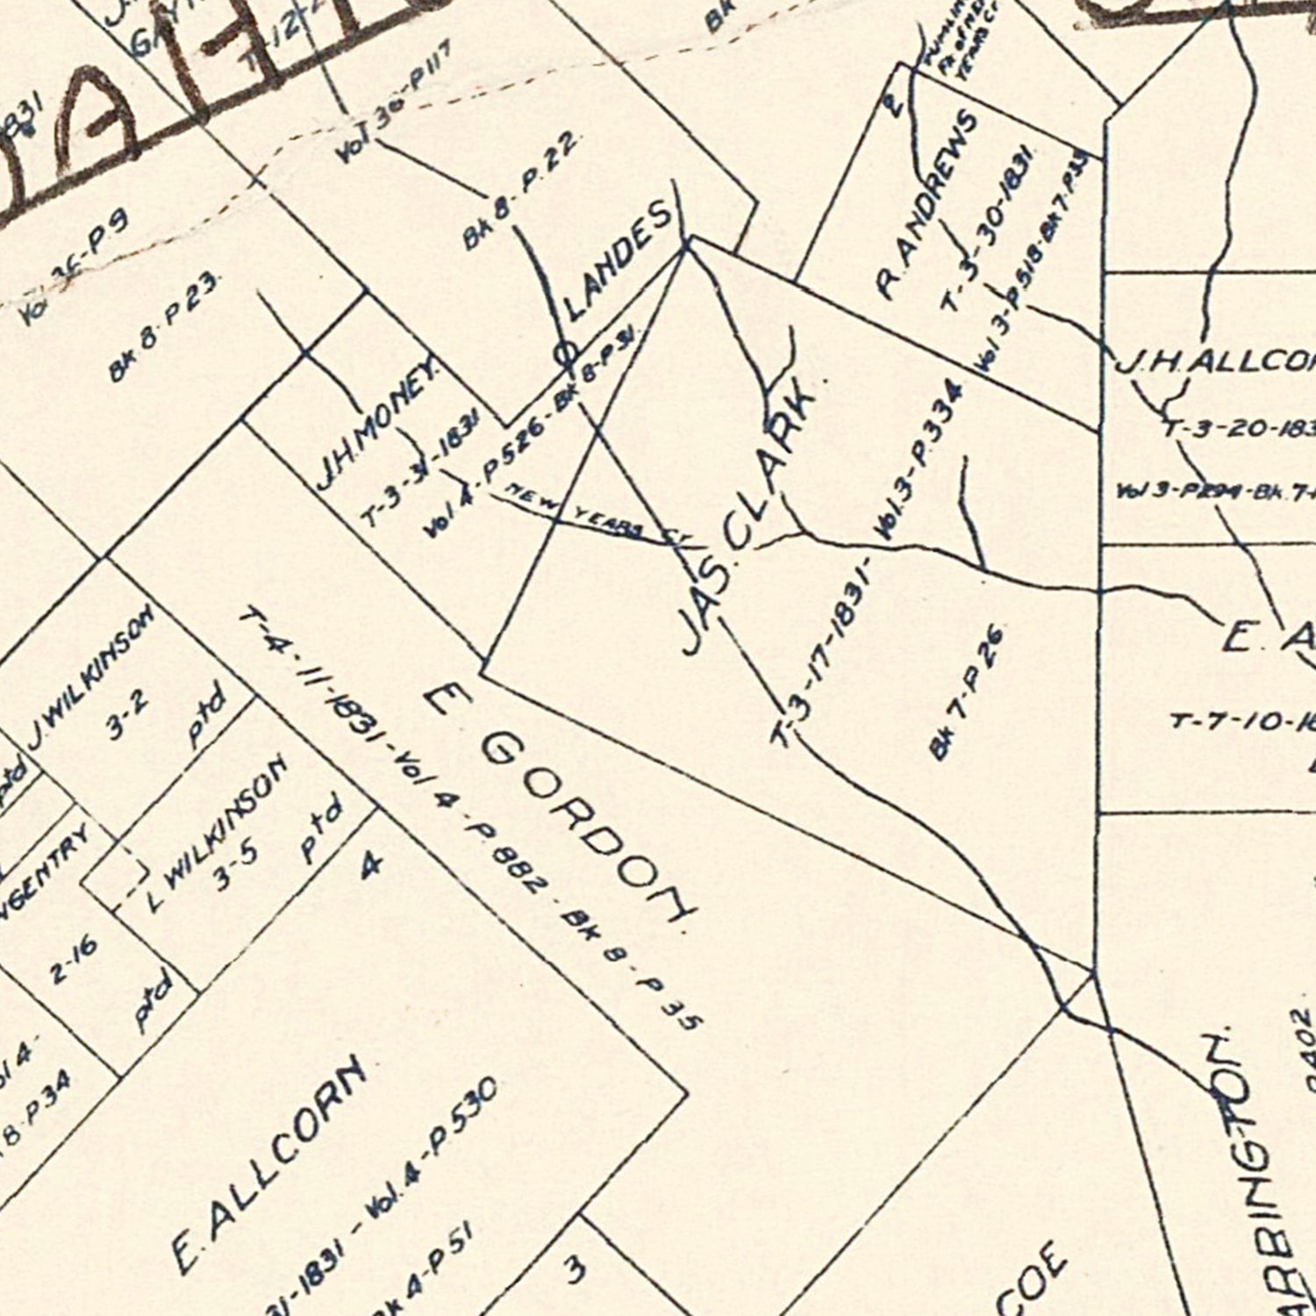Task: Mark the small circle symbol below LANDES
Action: point(566,354)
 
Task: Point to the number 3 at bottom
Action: point(575,1270)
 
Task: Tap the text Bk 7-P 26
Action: point(966,692)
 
